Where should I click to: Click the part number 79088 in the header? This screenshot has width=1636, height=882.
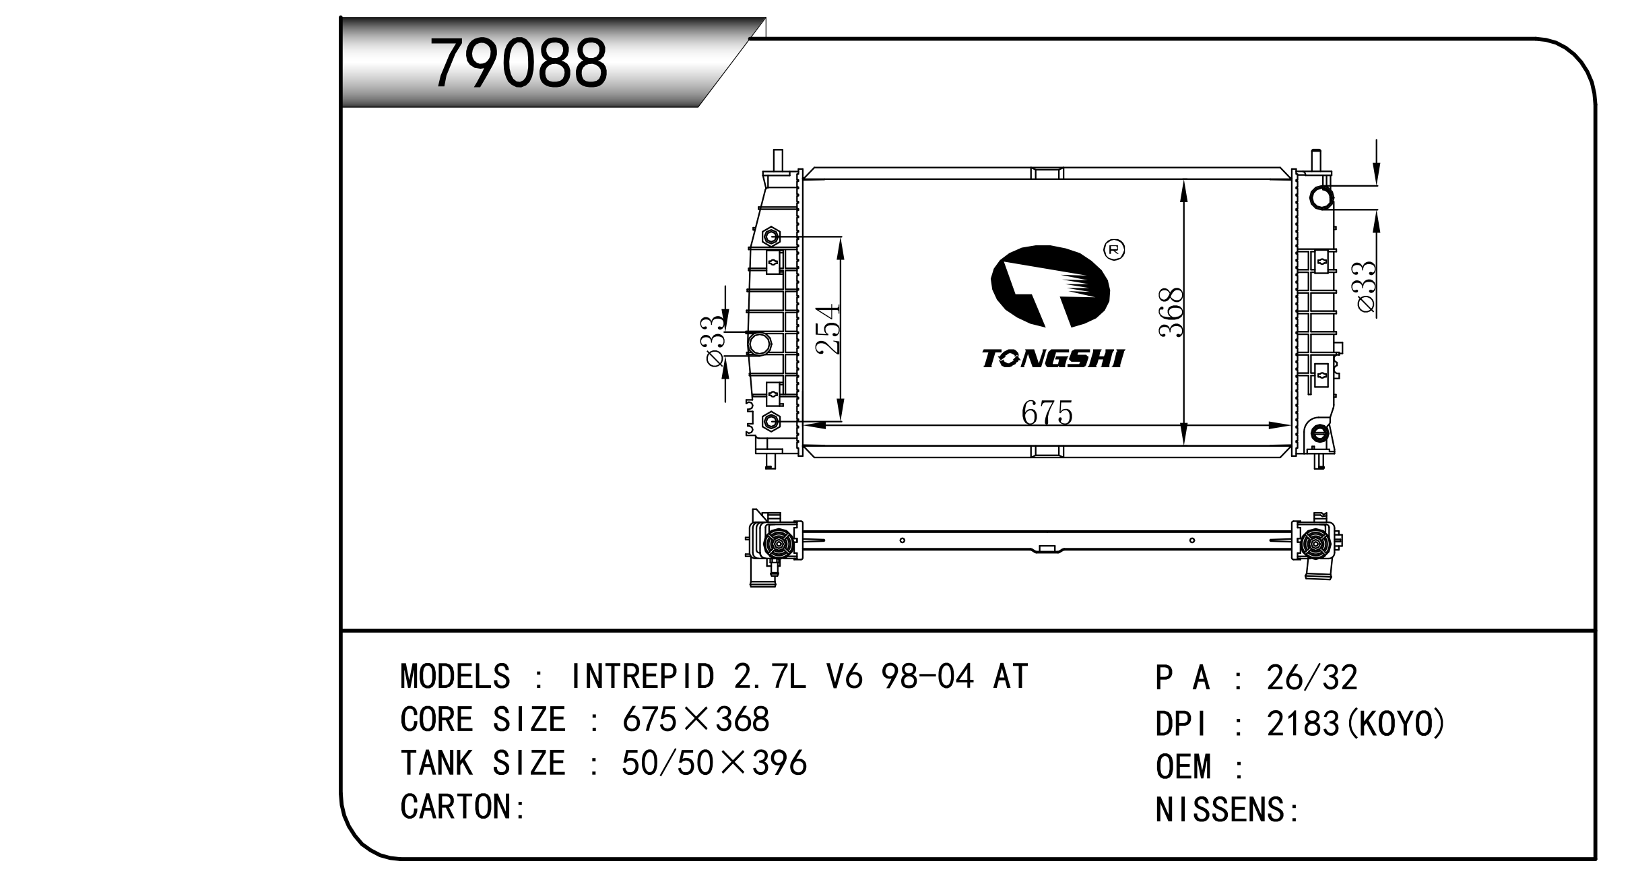point(519,63)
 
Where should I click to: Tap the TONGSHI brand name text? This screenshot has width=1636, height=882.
point(1052,358)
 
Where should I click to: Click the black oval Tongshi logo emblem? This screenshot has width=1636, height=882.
point(1049,286)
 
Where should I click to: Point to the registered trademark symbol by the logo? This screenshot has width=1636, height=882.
point(1114,249)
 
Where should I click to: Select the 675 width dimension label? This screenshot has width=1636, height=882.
point(1046,412)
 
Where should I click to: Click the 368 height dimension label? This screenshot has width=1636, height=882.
point(1171,312)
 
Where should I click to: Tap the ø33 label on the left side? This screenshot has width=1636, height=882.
point(715,342)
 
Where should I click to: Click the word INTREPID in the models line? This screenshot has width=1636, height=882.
point(642,676)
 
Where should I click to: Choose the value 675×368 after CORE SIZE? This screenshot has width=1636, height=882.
point(695,720)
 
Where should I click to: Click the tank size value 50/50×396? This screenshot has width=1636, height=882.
point(713,763)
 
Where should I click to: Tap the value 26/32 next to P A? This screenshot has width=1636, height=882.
point(1311,678)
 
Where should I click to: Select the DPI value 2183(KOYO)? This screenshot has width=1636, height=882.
point(1356,724)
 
